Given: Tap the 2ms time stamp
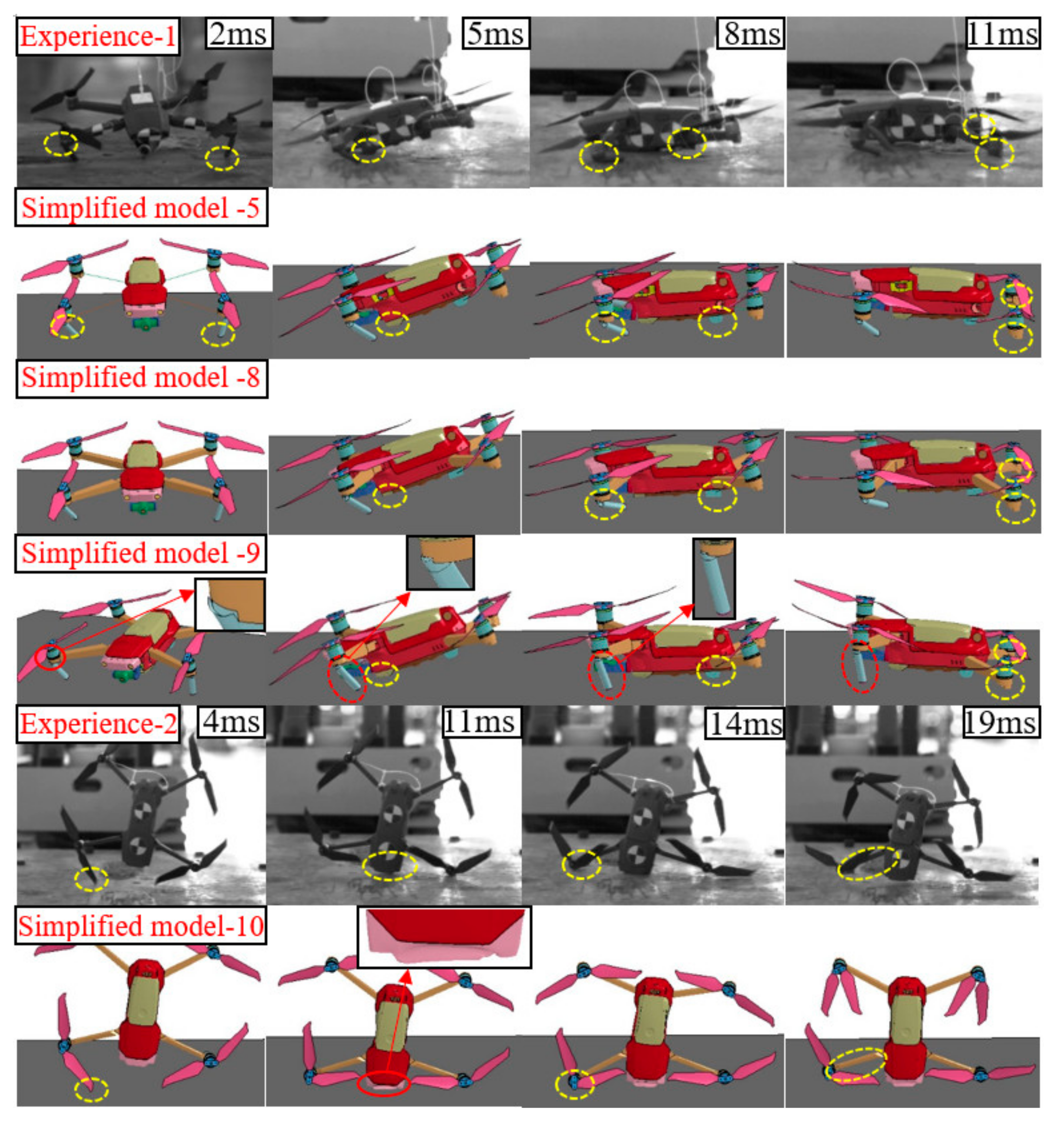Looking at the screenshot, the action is coord(238,34).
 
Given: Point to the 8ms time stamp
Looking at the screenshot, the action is coord(751,34).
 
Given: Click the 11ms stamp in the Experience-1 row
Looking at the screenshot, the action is coord(1003,34).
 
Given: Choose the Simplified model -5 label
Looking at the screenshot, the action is coord(141,208).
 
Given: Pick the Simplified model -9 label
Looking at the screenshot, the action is coord(141,553).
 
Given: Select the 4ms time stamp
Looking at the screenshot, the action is coord(231,722).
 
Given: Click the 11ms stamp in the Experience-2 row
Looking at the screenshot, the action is coord(479,722).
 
